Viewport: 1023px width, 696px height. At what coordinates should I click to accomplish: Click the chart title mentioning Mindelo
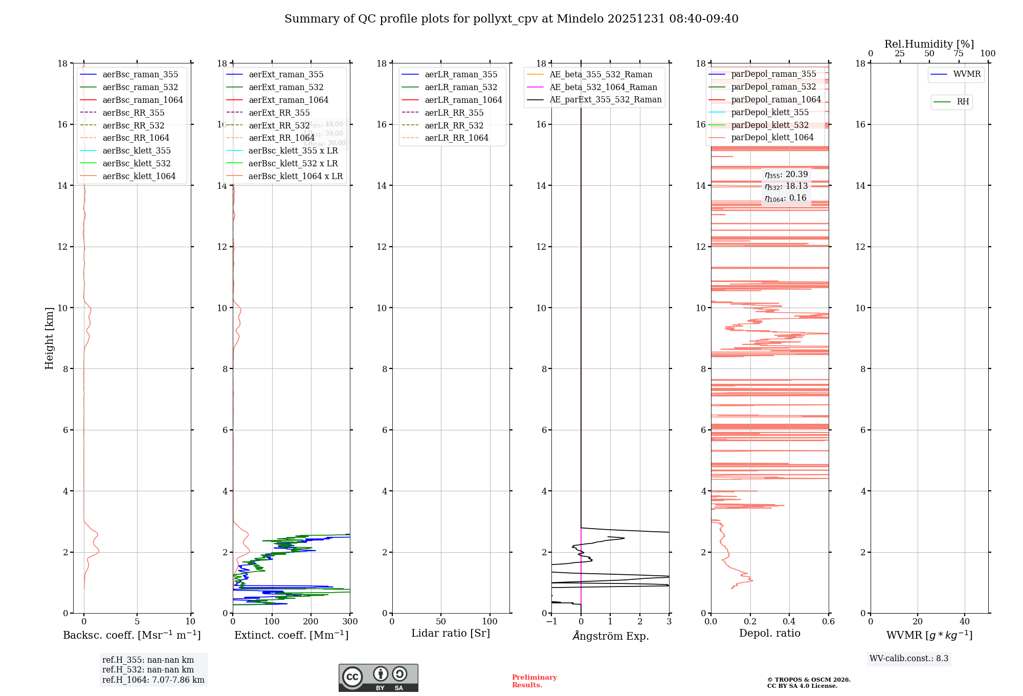point(511,19)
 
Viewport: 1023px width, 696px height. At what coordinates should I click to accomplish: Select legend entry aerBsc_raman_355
point(140,75)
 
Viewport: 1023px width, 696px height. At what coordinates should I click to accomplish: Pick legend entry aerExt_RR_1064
point(281,138)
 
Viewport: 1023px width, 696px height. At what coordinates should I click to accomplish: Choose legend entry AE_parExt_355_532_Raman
point(605,100)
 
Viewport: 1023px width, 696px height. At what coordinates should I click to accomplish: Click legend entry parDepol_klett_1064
point(772,138)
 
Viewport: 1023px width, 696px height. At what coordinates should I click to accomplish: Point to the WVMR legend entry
point(967,74)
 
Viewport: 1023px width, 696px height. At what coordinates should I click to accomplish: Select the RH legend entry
point(963,102)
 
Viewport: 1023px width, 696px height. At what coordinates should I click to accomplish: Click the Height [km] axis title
point(49,338)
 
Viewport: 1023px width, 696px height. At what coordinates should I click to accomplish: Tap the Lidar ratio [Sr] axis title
point(451,634)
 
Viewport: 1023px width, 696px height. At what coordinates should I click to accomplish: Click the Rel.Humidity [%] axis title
point(929,45)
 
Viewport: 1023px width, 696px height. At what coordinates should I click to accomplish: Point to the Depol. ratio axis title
point(769,634)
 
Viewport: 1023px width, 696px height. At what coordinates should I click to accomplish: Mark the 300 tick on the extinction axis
point(350,622)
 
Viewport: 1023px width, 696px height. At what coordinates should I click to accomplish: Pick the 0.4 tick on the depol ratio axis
point(789,622)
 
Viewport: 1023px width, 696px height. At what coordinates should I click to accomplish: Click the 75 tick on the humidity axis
point(959,54)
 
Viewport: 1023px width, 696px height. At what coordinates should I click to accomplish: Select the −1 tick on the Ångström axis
point(551,622)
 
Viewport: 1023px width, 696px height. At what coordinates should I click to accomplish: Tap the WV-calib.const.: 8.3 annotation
point(908,659)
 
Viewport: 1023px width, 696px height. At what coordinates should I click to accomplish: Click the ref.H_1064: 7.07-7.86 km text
point(153,680)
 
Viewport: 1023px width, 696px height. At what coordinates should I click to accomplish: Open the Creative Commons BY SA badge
point(378,678)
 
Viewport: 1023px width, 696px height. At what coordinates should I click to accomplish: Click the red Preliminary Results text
point(534,681)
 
